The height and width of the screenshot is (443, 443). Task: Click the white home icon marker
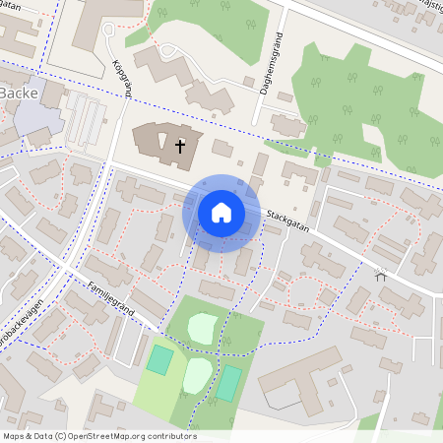[221, 212]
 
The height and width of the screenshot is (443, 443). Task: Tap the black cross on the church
[180, 147]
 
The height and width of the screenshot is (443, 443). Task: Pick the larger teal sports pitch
[227, 382]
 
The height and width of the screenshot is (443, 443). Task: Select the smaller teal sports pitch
[158, 359]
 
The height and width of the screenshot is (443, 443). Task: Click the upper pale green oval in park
[203, 328]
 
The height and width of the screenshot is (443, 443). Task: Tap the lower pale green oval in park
[197, 375]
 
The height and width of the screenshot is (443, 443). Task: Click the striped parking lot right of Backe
[86, 122]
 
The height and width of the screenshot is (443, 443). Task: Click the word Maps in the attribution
[13, 436]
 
